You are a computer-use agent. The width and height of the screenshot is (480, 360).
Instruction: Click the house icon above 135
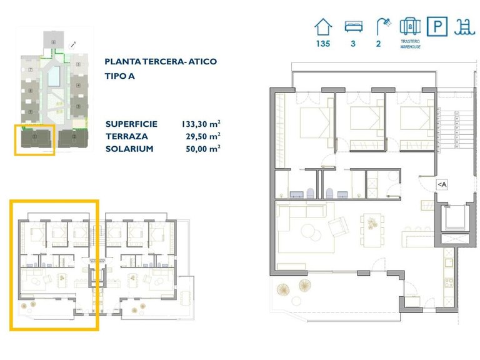click(323, 27)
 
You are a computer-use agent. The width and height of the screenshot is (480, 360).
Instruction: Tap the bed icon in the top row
click(353, 27)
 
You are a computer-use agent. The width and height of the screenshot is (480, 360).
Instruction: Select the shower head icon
click(382, 26)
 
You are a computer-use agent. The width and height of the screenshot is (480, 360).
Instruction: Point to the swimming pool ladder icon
click(463, 27)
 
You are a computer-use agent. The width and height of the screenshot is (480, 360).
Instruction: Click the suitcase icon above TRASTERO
click(409, 27)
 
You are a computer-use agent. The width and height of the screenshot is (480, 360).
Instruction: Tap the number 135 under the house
click(323, 44)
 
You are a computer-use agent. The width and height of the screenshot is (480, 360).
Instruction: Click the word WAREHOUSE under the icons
click(409, 47)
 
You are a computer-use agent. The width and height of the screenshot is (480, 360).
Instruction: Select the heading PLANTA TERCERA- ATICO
click(161, 62)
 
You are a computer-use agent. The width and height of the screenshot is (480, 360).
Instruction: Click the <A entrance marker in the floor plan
click(441, 184)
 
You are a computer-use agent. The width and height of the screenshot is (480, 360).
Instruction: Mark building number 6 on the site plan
click(54, 41)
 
